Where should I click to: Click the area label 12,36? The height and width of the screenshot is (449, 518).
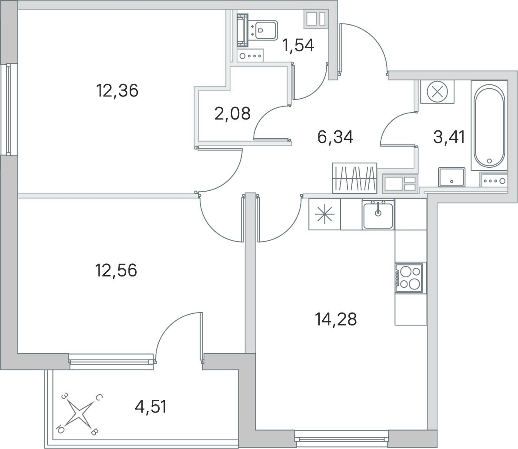pyautogui.click(x=117, y=90)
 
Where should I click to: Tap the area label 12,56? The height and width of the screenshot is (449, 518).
pyautogui.click(x=116, y=270)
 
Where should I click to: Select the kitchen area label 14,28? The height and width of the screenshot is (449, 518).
pyautogui.click(x=336, y=319)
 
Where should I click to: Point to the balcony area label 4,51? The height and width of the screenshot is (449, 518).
pyautogui.click(x=150, y=406)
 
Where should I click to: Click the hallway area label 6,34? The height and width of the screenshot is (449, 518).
pyautogui.click(x=335, y=137)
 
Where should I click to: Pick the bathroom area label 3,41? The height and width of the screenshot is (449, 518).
pyautogui.click(x=449, y=137)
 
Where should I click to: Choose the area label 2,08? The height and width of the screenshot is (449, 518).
pyautogui.click(x=233, y=113)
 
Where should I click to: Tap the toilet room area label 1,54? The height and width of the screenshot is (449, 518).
pyautogui.click(x=297, y=45)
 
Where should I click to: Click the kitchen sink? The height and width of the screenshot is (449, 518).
pyautogui.click(x=378, y=214)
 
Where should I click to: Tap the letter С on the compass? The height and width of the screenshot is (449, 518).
pyautogui.click(x=99, y=397)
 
